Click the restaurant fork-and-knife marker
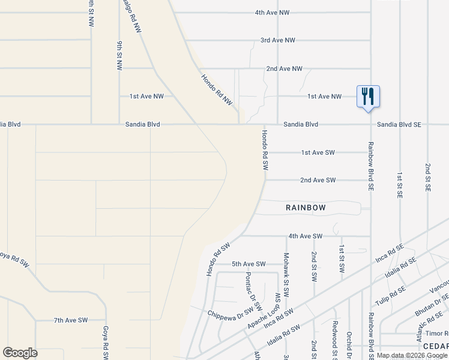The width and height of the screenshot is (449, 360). [x=368, y=96]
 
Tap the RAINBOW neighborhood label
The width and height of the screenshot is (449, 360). [x=306, y=208]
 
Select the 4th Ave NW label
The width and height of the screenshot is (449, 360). [x=273, y=12]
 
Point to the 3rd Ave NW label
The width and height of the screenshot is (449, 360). [x=278, y=40]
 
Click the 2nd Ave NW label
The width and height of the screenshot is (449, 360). [x=285, y=68]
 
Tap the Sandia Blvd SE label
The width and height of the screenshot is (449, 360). [x=399, y=124]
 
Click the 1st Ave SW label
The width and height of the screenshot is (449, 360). [x=318, y=152]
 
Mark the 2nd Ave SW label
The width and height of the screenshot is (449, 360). [x=318, y=180]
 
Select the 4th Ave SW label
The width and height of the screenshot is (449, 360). [x=306, y=236]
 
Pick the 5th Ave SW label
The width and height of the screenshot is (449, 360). [x=249, y=264]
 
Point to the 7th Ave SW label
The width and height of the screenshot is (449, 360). [x=71, y=320]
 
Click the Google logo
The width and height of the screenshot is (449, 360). [x=20, y=353]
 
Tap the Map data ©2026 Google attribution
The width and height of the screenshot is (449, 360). [x=412, y=355]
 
